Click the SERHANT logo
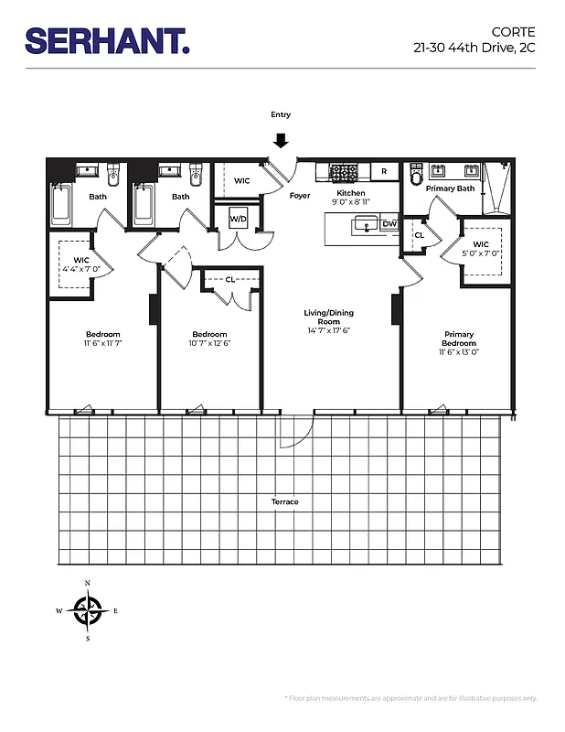click(x=107, y=40)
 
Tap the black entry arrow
click(x=281, y=140)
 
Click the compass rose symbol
click(x=88, y=609)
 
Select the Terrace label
click(x=284, y=501)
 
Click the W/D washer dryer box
click(x=238, y=220)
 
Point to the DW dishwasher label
click(x=389, y=223)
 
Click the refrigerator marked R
click(x=384, y=171)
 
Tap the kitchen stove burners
click(x=343, y=171)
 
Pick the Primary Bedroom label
click(x=459, y=339)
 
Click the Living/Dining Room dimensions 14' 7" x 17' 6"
click(x=329, y=331)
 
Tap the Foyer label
click(x=300, y=196)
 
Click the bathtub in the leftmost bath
click(x=62, y=205)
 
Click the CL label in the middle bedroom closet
click(x=229, y=279)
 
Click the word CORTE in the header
click(x=517, y=30)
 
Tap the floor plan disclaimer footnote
click(x=411, y=698)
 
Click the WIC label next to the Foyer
click(x=241, y=181)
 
